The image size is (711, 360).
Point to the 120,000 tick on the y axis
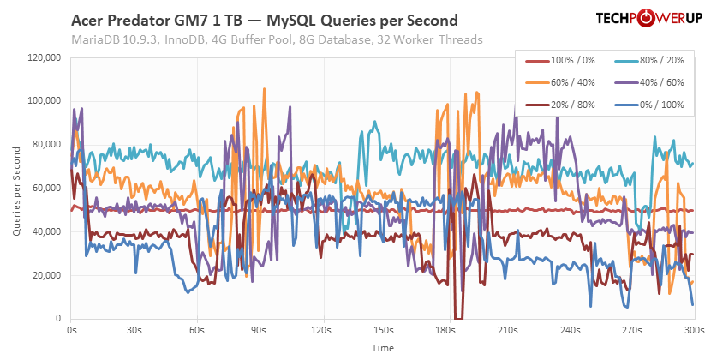[x=43, y=57]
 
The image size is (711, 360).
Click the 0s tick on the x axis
[x=71, y=329]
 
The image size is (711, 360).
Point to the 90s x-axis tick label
[x=259, y=329]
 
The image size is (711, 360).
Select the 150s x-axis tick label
[x=384, y=329]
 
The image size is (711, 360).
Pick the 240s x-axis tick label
[x=569, y=329]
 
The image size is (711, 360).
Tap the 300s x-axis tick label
[x=694, y=329]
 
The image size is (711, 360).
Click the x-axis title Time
[x=383, y=348]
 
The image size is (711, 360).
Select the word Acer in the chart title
[x=90, y=20]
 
